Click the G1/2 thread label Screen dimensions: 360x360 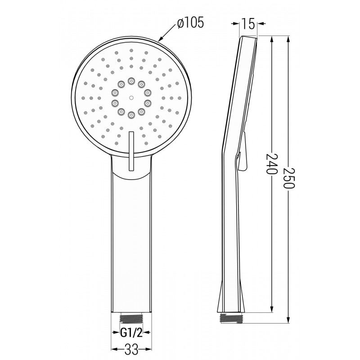tap(130, 333)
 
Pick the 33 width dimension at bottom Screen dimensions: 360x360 tap(130, 348)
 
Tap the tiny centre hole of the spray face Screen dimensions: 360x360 tap(131, 97)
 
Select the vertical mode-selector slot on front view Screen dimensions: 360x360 tap(131, 151)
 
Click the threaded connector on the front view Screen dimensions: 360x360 tap(130, 318)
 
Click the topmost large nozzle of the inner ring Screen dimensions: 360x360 tap(131, 81)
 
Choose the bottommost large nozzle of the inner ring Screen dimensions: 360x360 tap(131, 115)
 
